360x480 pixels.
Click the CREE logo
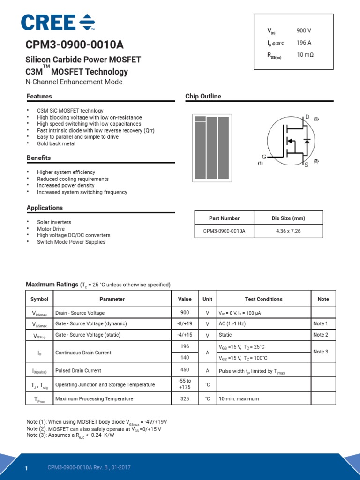(58, 22)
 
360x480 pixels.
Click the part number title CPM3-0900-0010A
(75, 45)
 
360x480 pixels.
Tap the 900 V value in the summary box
(304, 30)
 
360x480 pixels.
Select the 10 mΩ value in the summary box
(305, 55)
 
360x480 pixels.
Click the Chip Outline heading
(203, 96)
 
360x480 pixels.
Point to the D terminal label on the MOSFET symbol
(307, 117)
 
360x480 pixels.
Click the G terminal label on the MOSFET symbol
(264, 157)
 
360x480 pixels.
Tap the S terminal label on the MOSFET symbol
(307, 165)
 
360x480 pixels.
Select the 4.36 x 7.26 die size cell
(288, 231)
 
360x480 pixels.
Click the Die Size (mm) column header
(288, 218)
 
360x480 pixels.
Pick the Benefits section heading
(38, 157)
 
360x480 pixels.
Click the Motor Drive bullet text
(51, 229)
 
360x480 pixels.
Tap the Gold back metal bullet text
(56, 143)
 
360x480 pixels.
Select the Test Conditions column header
(263, 299)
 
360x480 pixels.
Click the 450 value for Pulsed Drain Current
(185, 370)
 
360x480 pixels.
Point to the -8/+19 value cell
(185, 323)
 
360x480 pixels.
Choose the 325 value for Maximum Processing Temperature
(185, 398)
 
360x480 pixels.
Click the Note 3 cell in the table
(321, 352)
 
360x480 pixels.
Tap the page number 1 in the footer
(27, 469)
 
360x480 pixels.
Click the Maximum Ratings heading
(52, 285)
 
